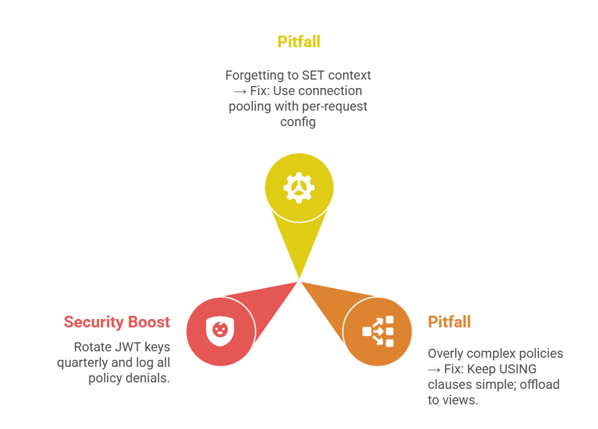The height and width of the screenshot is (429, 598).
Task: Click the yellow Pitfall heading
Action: (298, 42)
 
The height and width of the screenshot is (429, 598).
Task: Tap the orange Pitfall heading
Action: (449, 322)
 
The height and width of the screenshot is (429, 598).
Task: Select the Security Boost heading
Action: (116, 322)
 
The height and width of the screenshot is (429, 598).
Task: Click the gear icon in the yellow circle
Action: (299, 188)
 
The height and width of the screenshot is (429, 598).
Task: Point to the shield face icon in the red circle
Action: (220, 330)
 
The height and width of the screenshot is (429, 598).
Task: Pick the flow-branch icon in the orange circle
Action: (378, 331)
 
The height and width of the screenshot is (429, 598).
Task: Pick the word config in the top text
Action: (298, 122)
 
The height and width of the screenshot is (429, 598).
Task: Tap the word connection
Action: (329, 91)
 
